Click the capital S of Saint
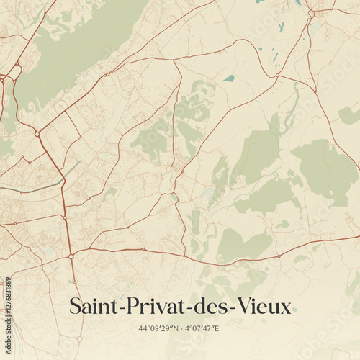pyautogui.click(x=74, y=307)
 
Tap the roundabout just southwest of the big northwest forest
pyautogui.click(x=37, y=134)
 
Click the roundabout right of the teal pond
pyautogui.click(x=277, y=75)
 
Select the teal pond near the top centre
pyautogui.click(x=229, y=78)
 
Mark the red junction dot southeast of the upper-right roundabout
pyautogui.click(x=315, y=91)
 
